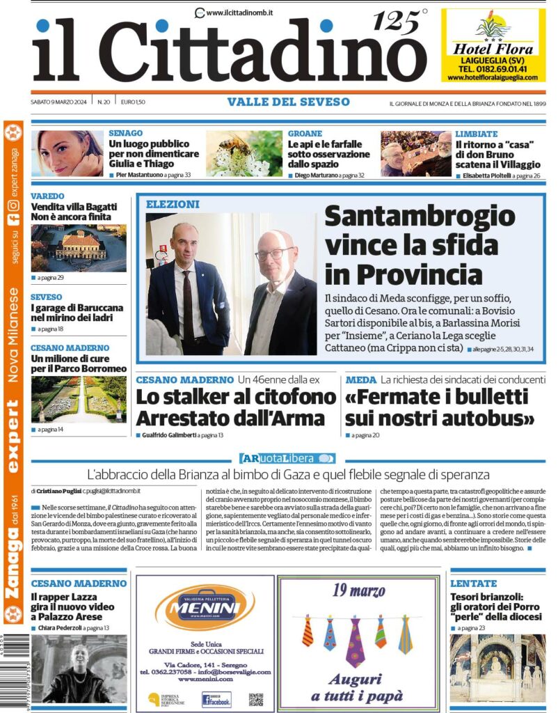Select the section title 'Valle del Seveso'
pyautogui.click(x=288, y=102)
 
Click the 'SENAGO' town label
pyautogui.click(x=126, y=133)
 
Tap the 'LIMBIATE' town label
pyautogui.click(x=477, y=133)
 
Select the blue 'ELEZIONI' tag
pyautogui.click(x=173, y=204)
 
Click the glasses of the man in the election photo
pyautogui.click(x=273, y=253)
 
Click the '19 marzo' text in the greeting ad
pyautogui.click(x=358, y=592)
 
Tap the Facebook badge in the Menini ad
pyautogui.click(x=216, y=699)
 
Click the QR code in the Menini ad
pyautogui.click(x=256, y=699)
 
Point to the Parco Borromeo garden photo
pyautogui.click(x=78, y=400)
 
